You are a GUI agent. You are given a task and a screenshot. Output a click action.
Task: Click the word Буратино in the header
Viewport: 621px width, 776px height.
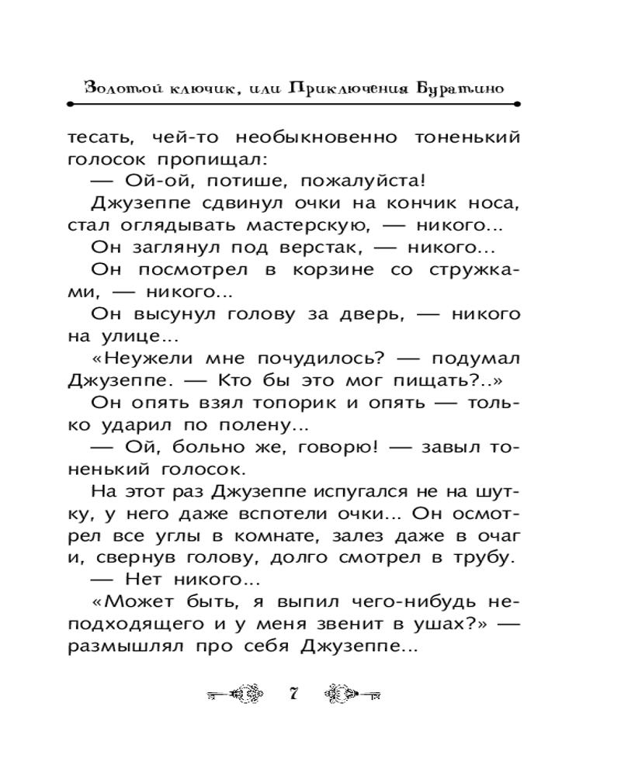[x=460, y=87]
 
